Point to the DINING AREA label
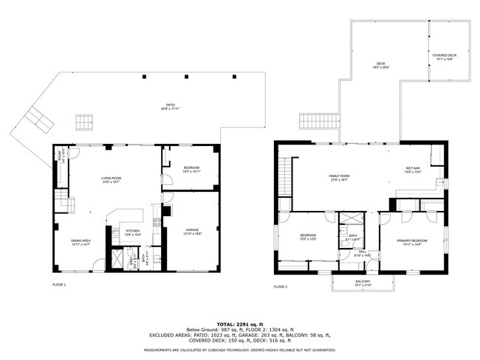tap(80, 242)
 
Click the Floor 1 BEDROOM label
tap(191, 169)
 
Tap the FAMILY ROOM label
tap(339, 176)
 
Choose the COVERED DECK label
tap(445, 56)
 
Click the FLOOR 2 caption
tap(280, 286)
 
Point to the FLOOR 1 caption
tap(59, 284)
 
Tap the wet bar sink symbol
tap(440, 181)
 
